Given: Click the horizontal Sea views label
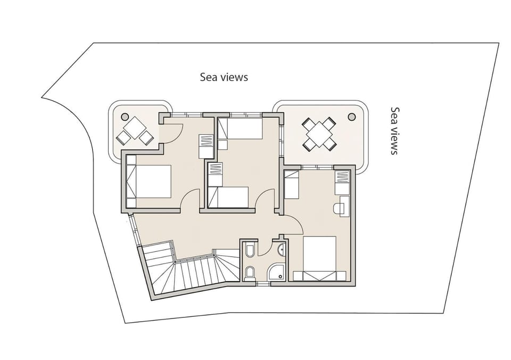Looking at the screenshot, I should point(224,77).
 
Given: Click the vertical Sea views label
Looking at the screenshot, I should point(394,130).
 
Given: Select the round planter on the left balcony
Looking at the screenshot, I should point(125,116).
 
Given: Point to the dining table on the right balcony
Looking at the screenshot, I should point(319,133).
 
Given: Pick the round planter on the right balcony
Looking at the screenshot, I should point(351,117).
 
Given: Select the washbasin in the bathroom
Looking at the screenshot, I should point(281,248).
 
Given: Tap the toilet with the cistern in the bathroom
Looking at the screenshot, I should point(250,274).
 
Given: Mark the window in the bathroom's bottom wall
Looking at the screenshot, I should point(263,284).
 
